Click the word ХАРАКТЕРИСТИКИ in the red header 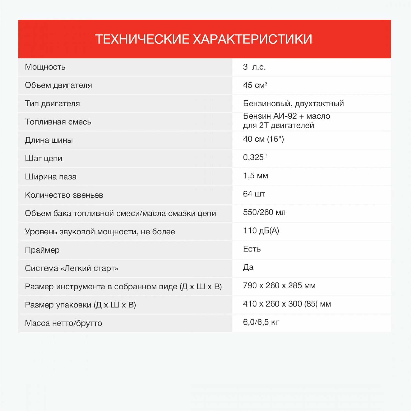click(253, 39)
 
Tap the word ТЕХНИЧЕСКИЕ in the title click(142, 39)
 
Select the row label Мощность click(45, 67)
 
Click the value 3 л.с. click(254, 67)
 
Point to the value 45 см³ click(255, 85)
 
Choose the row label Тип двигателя click(52, 104)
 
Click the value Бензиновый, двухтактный click(293, 104)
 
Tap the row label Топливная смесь click(58, 122)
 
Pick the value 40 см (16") click(263, 139)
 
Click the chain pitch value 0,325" click(255, 157)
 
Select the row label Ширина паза click(51, 177)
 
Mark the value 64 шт click(254, 194)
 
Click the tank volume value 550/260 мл click(264, 212)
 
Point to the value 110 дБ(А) click(261, 231)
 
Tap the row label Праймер click(42, 250)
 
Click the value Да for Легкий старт click(248, 267)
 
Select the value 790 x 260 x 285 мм click(279, 286)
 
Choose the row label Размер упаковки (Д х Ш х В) click(80, 305)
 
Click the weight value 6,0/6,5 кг click(261, 322)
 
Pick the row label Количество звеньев click(64, 195)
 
